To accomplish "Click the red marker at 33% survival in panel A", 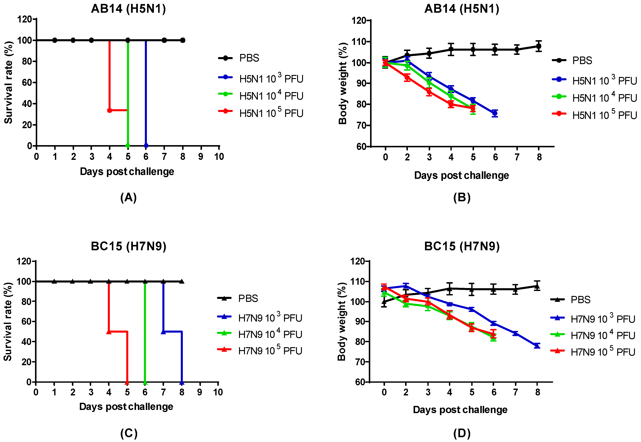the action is click(109, 110).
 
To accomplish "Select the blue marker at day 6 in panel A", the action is click(146, 146).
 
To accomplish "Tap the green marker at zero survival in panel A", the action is click(128, 146).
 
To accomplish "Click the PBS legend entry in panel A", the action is click(239, 58).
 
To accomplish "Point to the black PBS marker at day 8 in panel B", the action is click(539, 46).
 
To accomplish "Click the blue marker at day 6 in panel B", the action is click(495, 113).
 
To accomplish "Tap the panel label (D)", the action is click(462, 433).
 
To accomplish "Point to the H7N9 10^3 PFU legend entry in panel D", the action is click(593, 318).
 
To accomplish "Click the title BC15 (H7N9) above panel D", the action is click(462, 246).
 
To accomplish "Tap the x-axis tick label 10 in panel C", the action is click(218, 392).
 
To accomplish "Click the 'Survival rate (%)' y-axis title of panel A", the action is click(9, 83).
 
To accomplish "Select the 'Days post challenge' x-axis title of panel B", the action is click(462, 176).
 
